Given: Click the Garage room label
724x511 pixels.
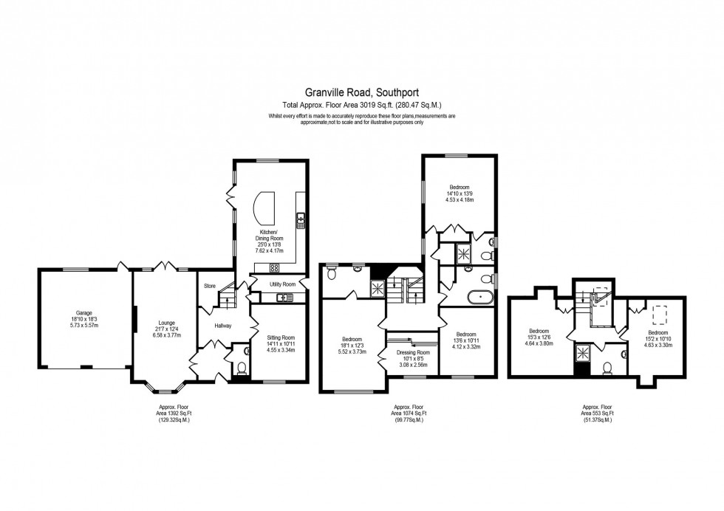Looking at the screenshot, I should [82, 312].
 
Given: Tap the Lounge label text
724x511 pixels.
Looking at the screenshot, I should [166, 323].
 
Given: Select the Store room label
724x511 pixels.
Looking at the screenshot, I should [209, 286].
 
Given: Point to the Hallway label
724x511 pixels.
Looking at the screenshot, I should [223, 326].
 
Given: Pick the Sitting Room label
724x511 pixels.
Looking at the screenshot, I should [280, 337].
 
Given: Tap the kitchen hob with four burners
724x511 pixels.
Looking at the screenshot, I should [275, 268].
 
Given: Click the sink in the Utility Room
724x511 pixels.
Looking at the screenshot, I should [284, 298].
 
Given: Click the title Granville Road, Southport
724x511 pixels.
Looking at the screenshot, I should [361, 93].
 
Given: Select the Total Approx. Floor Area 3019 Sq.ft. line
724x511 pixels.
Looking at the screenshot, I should [361, 105].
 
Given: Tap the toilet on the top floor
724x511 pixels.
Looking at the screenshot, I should [607, 368].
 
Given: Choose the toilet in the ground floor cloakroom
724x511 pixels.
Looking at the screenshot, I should [242, 366].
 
